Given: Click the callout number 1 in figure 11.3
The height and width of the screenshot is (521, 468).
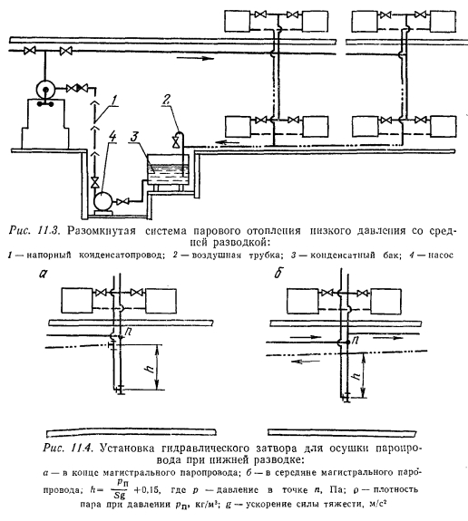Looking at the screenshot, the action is pyautogui.click(x=113, y=100).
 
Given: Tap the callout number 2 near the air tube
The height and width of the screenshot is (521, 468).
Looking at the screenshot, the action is pyautogui.click(x=167, y=99).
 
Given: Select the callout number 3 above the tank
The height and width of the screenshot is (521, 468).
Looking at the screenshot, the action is pyautogui.click(x=134, y=137).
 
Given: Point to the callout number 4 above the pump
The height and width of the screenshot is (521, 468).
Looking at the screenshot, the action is pyautogui.click(x=113, y=136).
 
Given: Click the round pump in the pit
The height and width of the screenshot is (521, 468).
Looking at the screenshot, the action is pyautogui.click(x=102, y=200).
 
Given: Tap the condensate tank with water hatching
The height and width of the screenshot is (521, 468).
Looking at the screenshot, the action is pyautogui.click(x=168, y=169).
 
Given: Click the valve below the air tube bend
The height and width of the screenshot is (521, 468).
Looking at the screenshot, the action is pyautogui.click(x=174, y=142).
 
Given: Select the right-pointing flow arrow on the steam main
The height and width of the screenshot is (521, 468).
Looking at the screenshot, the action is pyautogui.click(x=195, y=59).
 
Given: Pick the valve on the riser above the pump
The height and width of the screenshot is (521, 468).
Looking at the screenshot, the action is pyautogui.click(x=95, y=183).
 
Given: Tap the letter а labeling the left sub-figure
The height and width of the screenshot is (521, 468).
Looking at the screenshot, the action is pyautogui.click(x=44, y=273).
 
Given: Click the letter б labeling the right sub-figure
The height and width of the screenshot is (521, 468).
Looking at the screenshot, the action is pyautogui.click(x=278, y=273).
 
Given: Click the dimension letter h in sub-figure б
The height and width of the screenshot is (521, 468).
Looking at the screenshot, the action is pyautogui.click(x=356, y=376).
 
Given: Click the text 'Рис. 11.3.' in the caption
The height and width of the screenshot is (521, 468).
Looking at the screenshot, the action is pyautogui.click(x=34, y=230).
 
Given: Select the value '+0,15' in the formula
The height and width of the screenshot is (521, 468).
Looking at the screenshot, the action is pyautogui.click(x=147, y=489).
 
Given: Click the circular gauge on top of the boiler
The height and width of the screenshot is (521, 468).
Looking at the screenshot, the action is pyautogui.click(x=45, y=90).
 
